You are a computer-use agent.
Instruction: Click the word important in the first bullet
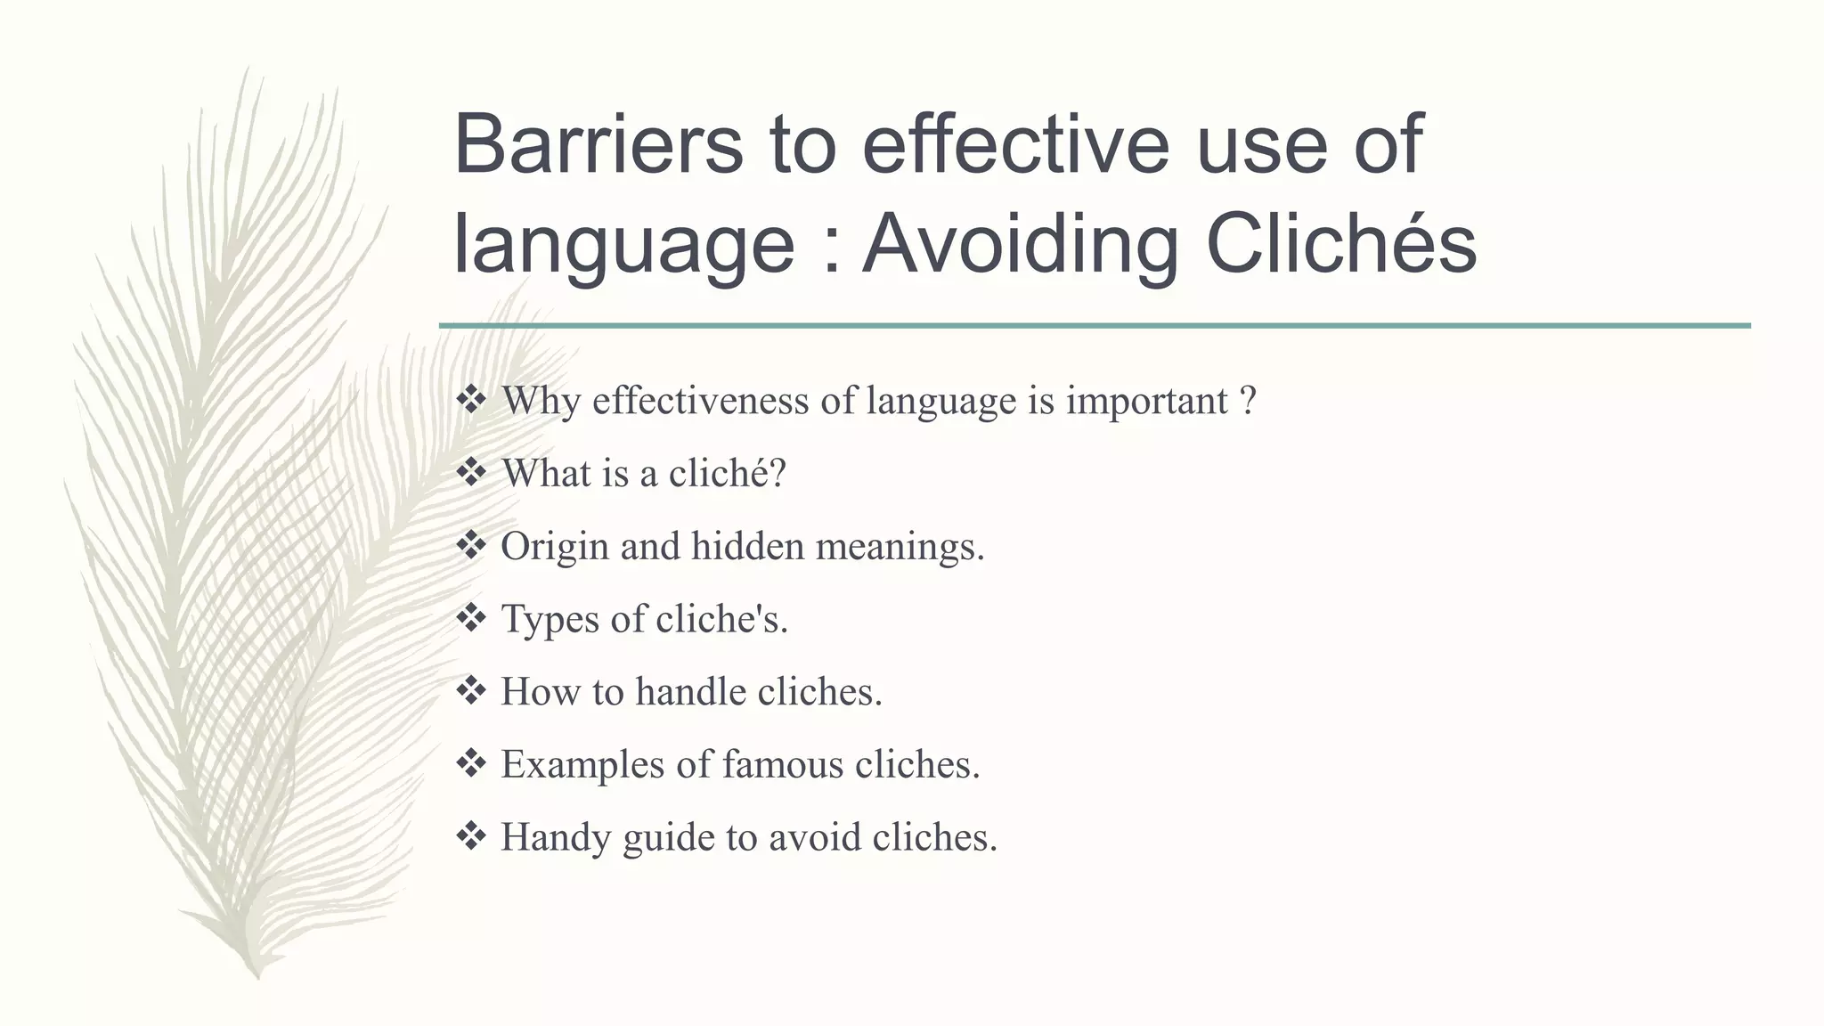1147,401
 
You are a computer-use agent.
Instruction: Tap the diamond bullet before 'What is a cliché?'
470,472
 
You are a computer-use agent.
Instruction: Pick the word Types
550,619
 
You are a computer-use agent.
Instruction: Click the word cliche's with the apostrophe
721,619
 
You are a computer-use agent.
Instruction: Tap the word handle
690,692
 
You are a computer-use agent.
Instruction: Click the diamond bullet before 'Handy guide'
470,835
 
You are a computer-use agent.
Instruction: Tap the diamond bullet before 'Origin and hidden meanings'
470,544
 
